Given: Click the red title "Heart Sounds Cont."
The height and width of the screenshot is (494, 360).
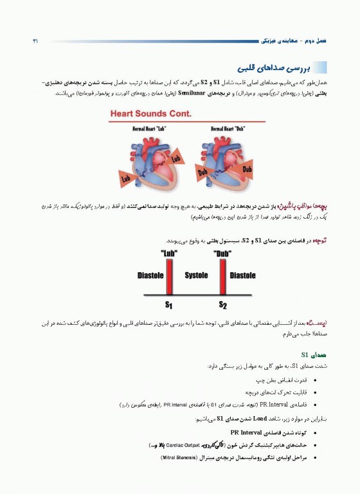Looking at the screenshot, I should [x=152, y=114].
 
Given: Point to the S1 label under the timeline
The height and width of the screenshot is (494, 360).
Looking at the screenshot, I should [x=169, y=304].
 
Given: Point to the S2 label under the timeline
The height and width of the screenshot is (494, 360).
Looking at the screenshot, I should [x=223, y=304].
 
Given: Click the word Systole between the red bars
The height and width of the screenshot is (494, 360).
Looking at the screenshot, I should [x=195, y=275].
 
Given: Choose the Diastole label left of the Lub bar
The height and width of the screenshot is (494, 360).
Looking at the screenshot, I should [x=150, y=275].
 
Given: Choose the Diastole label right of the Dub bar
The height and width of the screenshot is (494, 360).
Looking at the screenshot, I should [x=242, y=275].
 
